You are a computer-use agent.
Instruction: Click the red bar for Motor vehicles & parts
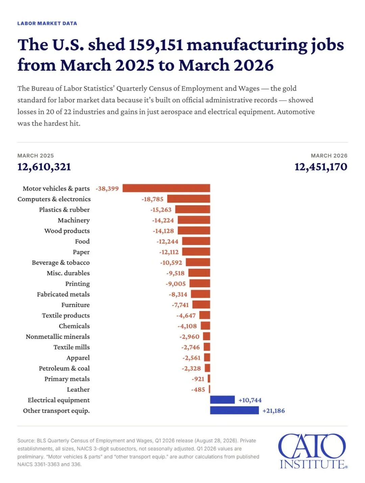coord(166,188)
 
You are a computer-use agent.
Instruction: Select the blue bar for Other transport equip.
coord(234,410)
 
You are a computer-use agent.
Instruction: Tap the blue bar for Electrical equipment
coord(222,400)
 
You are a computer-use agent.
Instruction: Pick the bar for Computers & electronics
coord(189,199)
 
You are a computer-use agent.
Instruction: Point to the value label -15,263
coord(161,210)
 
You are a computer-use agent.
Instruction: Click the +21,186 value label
coord(274,411)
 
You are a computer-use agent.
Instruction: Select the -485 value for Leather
coord(198,390)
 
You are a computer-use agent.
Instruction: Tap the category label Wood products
coord(67,231)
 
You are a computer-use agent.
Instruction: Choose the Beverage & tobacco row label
coord(61,263)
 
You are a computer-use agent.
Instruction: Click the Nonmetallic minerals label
coord(58,337)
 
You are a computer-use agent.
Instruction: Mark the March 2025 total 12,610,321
coord(44,167)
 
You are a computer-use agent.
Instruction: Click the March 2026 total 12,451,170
coord(321,167)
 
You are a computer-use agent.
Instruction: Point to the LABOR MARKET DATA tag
coord(47,23)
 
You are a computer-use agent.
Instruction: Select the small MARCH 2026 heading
coord(329,156)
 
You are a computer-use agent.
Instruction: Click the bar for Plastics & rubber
coord(193,209)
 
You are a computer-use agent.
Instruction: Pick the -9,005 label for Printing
coord(175,284)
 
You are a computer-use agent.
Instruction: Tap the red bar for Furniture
coord(201,304)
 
